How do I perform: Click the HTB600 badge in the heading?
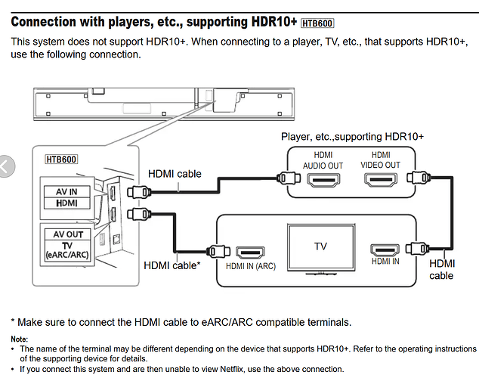coord(317,23)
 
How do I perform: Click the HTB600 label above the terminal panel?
coord(63,159)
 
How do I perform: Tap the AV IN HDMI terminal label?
coord(67,198)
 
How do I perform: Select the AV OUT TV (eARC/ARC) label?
coord(67,243)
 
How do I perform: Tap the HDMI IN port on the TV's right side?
coord(385,250)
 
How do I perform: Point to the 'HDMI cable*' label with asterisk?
coord(172,265)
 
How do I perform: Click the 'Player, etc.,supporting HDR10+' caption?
coord(352,136)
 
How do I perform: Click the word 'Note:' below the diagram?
coord(19,339)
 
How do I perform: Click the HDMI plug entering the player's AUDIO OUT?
coord(286,179)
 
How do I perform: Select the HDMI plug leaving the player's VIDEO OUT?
coord(416,179)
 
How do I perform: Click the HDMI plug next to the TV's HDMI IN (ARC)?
coord(216,252)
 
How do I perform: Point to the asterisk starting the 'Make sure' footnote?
coord(14,323)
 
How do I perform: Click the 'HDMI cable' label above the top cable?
coord(175,174)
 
